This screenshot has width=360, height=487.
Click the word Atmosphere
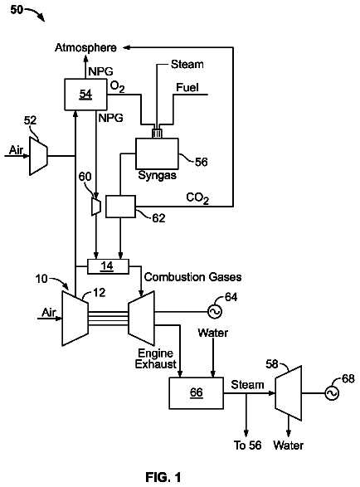[85, 47]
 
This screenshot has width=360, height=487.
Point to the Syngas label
[157, 175]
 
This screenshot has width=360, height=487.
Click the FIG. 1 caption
[163, 477]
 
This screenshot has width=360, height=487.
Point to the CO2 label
[197, 198]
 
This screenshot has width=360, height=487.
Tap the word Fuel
[187, 87]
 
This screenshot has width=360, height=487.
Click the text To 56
[247, 445]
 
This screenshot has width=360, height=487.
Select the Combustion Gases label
[193, 277]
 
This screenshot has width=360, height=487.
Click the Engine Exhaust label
[156, 358]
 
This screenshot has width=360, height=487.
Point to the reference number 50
[17, 10]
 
